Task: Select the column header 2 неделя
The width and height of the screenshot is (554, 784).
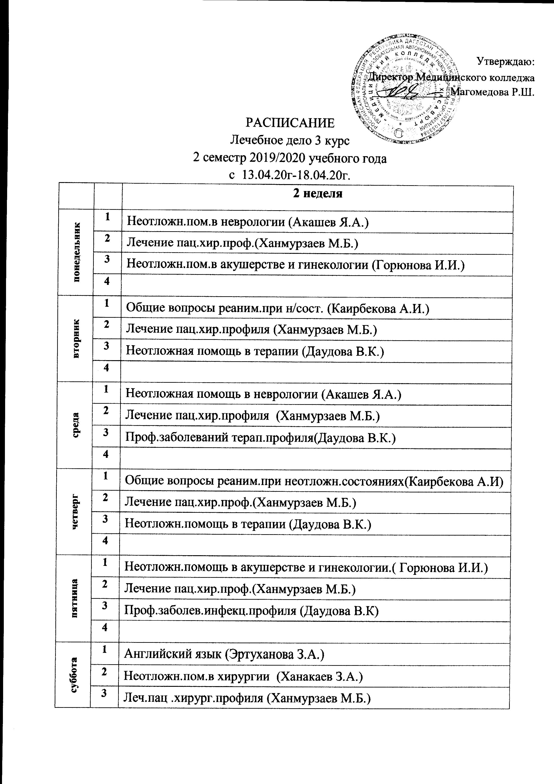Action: coord(318,194)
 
